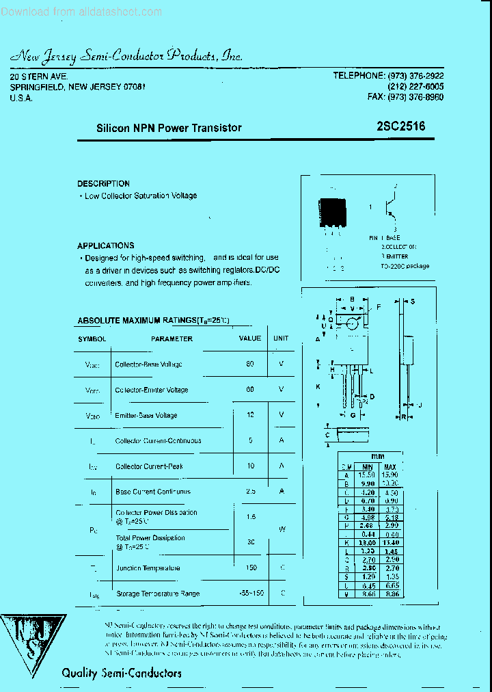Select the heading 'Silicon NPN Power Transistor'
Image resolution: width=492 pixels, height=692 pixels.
pos(169,128)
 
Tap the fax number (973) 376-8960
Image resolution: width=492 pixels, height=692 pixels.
pos(405,97)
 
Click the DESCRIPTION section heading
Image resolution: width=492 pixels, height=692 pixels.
pos(103,184)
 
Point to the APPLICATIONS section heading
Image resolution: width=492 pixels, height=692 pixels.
pos(105,245)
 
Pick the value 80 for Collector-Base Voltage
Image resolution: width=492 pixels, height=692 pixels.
pos(250,364)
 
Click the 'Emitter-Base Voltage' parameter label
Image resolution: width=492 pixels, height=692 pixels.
pos(146,416)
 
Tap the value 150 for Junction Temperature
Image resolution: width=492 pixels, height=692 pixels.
pos(250,568)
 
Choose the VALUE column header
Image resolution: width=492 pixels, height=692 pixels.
pos(250,338)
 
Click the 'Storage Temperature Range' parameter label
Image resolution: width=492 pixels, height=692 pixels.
pos(158,594)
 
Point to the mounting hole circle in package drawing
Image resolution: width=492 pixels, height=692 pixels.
pos(352,323)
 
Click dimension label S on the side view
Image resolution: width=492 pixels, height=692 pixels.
pos(413,302)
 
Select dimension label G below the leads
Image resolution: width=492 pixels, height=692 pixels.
pos(353,415)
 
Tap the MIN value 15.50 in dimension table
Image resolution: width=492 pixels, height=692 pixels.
pos(367,475)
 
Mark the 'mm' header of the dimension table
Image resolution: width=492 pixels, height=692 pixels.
pos(378,455)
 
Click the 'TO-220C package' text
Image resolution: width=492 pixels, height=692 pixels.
pos(405,266)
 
